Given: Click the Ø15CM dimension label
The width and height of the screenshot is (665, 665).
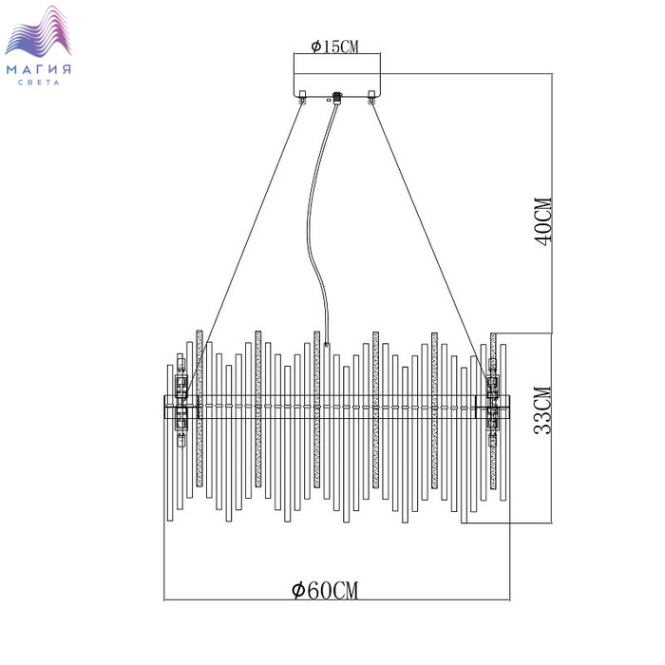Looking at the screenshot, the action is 334,47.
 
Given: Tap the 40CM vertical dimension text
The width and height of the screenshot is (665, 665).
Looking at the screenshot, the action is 543,221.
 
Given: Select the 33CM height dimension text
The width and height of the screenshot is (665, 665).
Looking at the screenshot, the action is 543,410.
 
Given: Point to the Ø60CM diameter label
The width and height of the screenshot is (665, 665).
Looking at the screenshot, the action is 325,590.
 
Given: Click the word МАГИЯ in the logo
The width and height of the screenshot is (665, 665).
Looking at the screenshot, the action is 39,69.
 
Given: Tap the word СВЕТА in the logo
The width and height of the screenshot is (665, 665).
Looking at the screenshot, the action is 39,83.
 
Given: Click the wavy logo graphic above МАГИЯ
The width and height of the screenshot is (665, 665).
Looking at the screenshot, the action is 38,31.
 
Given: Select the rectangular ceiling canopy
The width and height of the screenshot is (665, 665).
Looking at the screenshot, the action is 337,85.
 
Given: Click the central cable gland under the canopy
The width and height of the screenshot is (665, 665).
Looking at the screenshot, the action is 337,99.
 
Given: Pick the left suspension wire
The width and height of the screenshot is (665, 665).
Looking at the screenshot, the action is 245,249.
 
